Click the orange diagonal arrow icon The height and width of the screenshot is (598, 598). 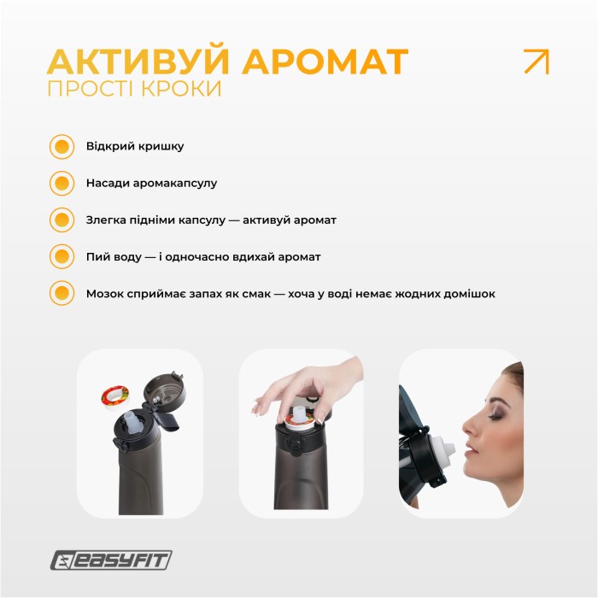click(x=536, y=62)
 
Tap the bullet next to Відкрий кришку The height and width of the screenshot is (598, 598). click(x=62, y=146)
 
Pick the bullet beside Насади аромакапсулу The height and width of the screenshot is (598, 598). click(x=62, y=183)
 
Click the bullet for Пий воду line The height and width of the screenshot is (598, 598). click(x=62, y=256)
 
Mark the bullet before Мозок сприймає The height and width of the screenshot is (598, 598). click(x=62, y=293)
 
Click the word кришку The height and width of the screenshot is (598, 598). click(x=162, y=146)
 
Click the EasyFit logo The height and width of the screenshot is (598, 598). click(x=111, y=560)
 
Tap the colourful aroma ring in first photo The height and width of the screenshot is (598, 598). click(x=114, y=396)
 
